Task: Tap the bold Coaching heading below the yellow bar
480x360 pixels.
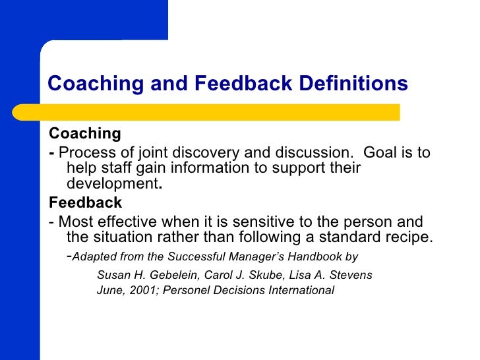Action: [x=85, y=134]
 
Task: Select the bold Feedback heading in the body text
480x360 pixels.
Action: [x=86, y=202]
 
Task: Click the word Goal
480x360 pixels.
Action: [x=380, y=153]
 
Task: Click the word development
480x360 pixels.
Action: [x=113, y=184]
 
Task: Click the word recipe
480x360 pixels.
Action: [x=404, y=237]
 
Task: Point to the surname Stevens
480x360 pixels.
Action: [x=351, y=274]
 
